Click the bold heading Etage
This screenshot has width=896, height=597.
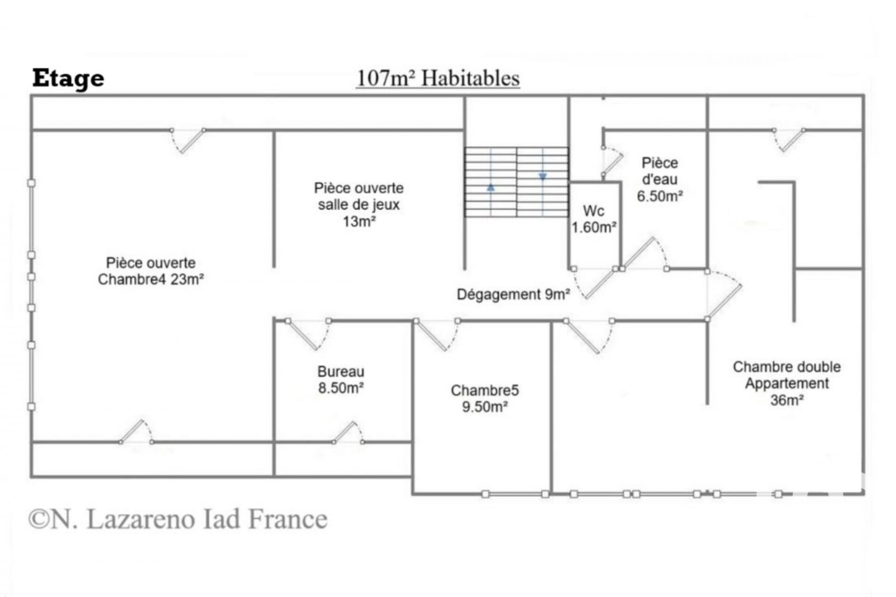tap(68, 79)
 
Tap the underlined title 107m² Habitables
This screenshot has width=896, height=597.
tap(438, 78)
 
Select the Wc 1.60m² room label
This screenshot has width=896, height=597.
tap(594, 219)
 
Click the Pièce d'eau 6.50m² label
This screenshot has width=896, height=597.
tap(659, 180)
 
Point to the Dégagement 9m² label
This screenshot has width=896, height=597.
tap(513, 295)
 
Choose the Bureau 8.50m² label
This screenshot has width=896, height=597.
tap(341, 380)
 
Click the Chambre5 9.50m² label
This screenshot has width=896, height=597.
tap(484, 399)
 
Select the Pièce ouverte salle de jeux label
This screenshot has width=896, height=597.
tap(358, 197)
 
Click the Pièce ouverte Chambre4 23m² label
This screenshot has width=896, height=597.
tap(151, 271)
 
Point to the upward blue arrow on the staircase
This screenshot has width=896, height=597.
tap(490, 188)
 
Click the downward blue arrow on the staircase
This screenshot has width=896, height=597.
tap(542, 177)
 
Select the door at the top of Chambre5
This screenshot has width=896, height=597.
tap(436, 334)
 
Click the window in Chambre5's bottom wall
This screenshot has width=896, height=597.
tap(515, 494)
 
